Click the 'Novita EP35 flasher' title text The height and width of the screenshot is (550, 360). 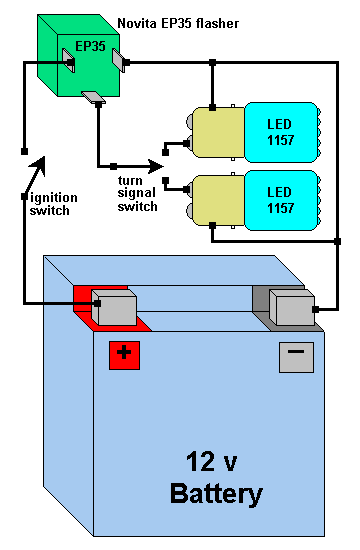point(178,24)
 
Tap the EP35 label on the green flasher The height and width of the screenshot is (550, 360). point(90,46)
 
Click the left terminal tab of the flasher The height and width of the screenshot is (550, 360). point(68,60)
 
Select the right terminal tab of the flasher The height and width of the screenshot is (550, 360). point(119,60)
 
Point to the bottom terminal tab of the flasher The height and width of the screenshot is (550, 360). point(93,97)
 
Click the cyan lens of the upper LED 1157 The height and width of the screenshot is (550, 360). point(281,132)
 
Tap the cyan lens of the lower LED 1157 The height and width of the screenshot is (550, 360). point(281,200)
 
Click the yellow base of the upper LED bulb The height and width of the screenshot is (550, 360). point(219,132)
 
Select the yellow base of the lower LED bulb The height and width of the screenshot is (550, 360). point(219,200)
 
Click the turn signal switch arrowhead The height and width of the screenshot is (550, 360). point(156,166)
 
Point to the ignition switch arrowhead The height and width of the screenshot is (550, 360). point(38,165)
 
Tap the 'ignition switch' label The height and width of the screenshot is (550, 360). point(53,204)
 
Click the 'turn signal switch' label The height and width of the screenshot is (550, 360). point(137,194)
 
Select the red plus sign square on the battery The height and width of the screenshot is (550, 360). point(124,355)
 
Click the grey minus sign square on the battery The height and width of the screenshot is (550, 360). point(296,357)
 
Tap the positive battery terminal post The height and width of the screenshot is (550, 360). point(114,307)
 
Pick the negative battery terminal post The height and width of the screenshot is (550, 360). point(292,307)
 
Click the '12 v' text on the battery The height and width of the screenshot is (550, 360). point(212,461)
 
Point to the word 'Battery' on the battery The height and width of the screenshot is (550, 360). point(216,494)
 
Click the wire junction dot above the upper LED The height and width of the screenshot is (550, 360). point(212,63)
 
